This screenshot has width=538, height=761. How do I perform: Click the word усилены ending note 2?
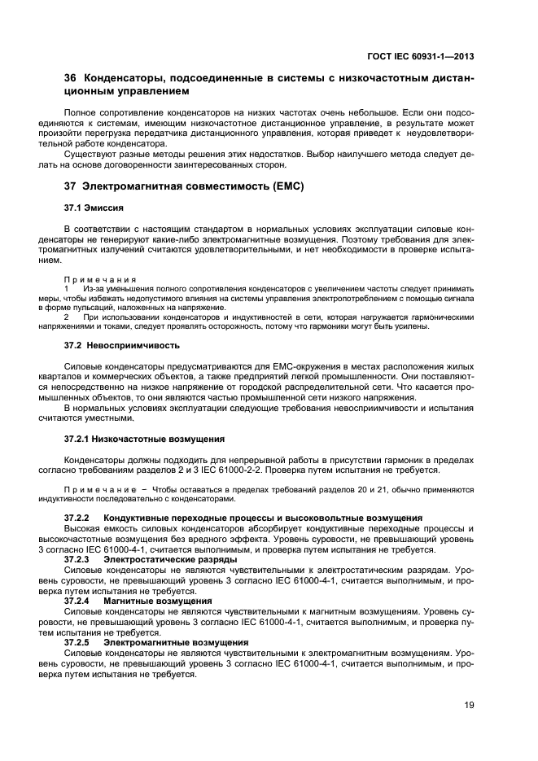387,326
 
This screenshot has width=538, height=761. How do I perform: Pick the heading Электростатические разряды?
170,559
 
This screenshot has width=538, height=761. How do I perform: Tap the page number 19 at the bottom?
470,705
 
